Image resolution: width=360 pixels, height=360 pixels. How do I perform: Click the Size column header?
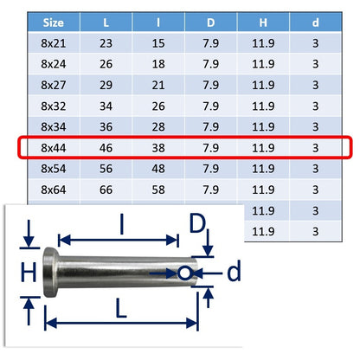pos(54,22)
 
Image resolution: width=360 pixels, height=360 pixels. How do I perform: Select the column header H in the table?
pos(263,22)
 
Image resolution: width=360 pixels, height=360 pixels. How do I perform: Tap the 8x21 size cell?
pos(54,43)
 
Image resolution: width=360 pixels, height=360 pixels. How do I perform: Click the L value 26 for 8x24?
pos(106,64)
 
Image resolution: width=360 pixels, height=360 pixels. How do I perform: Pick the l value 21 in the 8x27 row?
pos(158,85)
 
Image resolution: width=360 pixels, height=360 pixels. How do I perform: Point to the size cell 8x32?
pos(54,106)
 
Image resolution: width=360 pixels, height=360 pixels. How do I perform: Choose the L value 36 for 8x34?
pos(106,127)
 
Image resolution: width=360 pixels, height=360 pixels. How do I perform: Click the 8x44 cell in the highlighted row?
pos(54,148)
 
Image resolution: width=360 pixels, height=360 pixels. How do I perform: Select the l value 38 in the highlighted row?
pos(158,148)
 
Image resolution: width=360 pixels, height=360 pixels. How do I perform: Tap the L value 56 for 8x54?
pos(106,169)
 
